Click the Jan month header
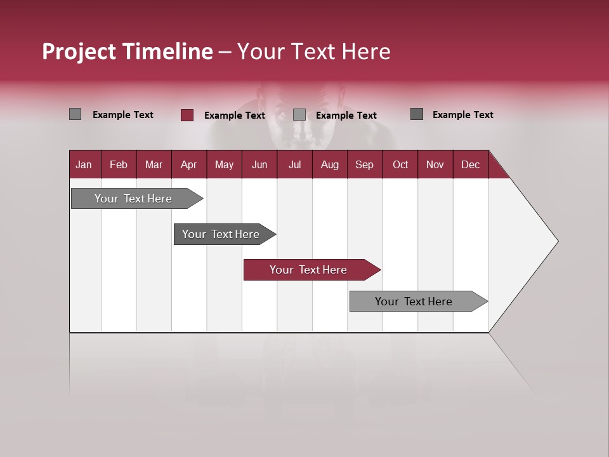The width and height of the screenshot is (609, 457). point(84,164)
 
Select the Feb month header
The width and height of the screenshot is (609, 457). point(119,164)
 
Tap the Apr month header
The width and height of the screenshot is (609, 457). point(188,164)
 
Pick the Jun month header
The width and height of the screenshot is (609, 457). point(259,164)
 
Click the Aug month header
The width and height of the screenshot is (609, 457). point(329,164)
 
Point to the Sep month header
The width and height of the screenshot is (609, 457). point(364,164)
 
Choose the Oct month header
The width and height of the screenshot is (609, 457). point(400,164)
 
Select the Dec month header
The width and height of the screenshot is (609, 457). point(470,164)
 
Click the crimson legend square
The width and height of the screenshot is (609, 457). point(187,115)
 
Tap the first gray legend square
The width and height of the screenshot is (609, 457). point(75,114)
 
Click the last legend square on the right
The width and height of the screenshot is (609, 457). point(417,114)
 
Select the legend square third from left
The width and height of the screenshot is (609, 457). point(299,115)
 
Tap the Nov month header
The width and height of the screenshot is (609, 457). point(435,164)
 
